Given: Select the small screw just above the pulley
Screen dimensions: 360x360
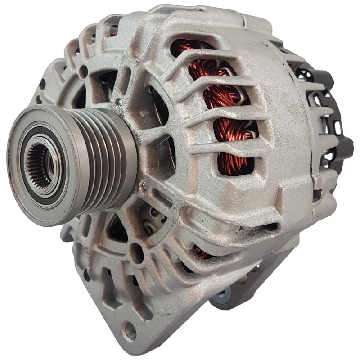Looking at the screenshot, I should (x=118, y=103).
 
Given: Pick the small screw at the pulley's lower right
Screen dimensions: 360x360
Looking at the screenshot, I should (x=143, y=185).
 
